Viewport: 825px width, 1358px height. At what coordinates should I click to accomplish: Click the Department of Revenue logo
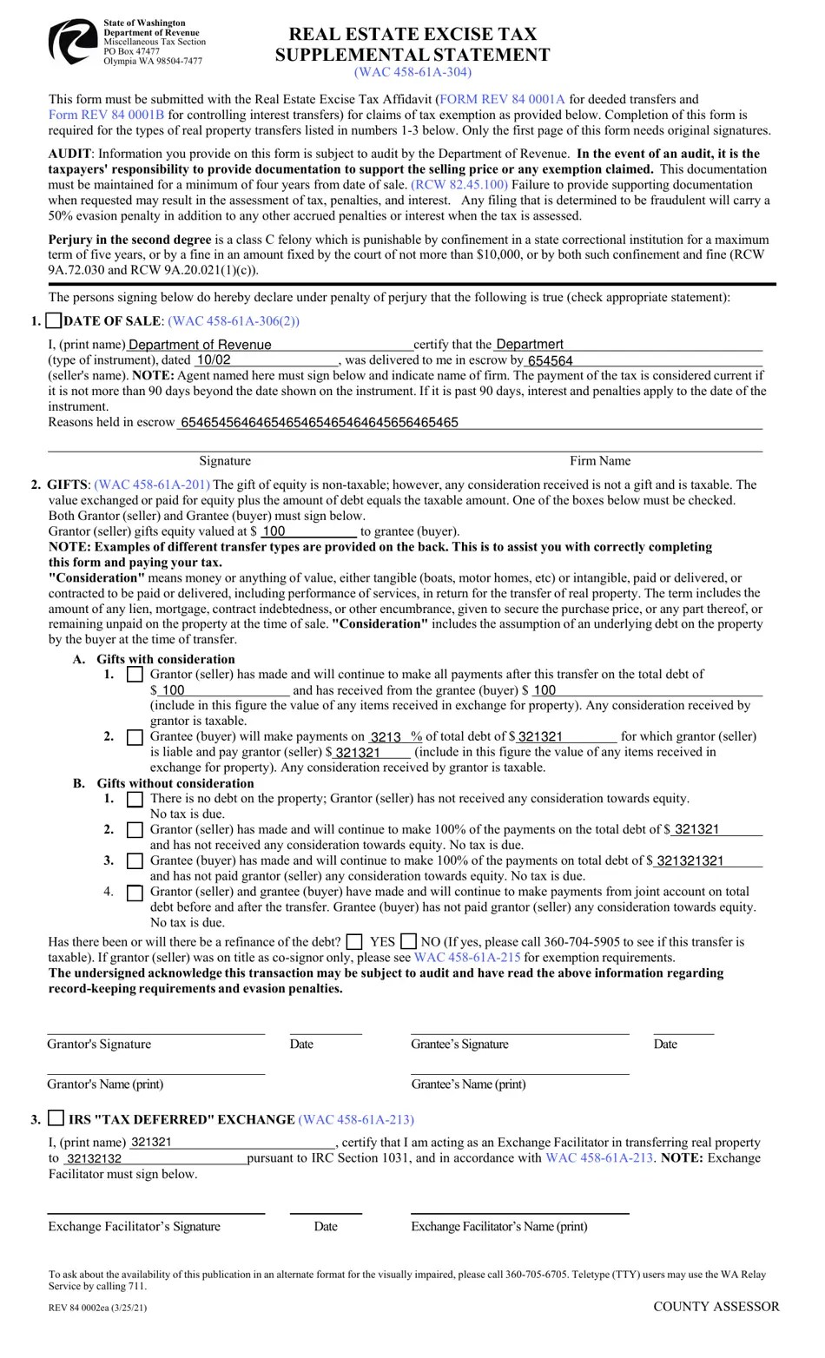pyautogui.click(x=72, y=42)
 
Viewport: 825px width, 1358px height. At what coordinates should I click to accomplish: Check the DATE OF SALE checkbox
pyautogui.click(x=53, y=320)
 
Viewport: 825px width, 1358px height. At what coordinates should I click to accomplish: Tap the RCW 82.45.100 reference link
pyautogui.click(x=460, y=184)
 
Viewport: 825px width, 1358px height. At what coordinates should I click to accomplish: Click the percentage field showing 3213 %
pyautogui.click(x=395, y=736)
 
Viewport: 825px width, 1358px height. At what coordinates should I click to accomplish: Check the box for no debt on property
pyautogui.click(x=135, y=799)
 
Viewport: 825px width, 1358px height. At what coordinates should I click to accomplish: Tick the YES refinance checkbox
pyautogui.click(x=354, y=941)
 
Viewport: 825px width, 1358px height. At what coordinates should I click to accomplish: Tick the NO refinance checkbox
pyautogui.click(x=408, y=941)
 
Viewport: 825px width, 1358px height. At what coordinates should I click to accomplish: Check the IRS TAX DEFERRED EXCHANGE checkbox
pyautogui.click(x=56, y=1118)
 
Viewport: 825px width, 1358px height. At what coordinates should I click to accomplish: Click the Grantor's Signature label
pyautogui.click(x=99, y=1044)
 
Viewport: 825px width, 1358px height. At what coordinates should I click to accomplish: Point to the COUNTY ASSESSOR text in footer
pyautogui.click(x=716, y=1306)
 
